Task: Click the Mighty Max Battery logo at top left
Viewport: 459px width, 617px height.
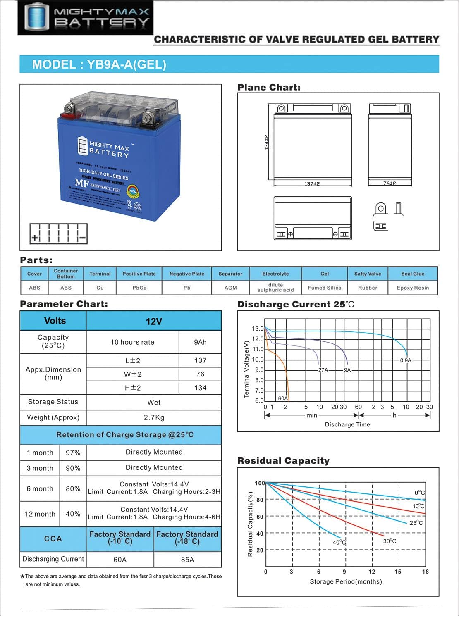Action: (x=85, y=17)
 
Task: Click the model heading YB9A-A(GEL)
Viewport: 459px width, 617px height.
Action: (x=99, y=64)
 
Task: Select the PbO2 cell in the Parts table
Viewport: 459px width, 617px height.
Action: (x=139, y=288)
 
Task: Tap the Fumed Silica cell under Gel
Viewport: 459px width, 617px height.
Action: (x=325, y=288)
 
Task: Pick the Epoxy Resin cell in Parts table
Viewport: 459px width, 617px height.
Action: (x=413, y=288)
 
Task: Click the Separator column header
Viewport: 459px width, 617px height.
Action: (x=230, y=274)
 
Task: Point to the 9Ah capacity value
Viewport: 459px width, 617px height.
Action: (x=200, y=342)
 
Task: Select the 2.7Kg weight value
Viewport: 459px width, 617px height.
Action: (x=154, y=417)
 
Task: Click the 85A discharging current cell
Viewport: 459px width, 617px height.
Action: (x=187, y=560)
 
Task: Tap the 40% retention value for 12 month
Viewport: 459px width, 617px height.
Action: (x=73, y=514)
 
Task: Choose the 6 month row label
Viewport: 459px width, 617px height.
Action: (x=40, y=488)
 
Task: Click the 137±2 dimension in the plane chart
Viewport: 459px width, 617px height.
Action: (x=312, y=183)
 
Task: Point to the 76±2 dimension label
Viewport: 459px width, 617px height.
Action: (x=390, y=183)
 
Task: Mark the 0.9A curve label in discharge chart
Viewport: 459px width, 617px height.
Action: (x=406, y=360)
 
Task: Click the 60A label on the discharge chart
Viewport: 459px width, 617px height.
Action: (x=283, y=398)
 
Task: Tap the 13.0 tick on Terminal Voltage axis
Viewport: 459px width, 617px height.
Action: (x=258, y=329)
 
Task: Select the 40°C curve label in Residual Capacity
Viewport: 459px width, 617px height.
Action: (x=339, y=542)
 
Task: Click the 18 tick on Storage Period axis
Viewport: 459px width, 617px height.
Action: (x=425, y=572)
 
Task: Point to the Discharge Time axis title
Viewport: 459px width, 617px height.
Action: (x=347, y=424)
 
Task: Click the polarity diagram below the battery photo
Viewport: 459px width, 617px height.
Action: (x=59, y=233)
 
